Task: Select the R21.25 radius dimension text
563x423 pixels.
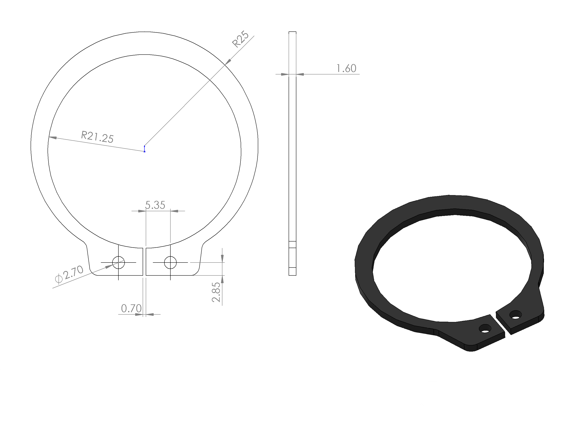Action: [x=97, y=137]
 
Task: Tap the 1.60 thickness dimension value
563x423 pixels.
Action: [x=346, y=68]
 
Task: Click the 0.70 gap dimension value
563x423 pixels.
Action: [x=131, y=308]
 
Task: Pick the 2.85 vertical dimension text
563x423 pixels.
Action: [x=216, y=292]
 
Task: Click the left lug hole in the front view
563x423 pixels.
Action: [x=118, y=262]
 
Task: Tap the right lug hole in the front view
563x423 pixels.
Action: [x=170, y=262]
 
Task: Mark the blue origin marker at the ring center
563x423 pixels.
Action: [x=145, y=149]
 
